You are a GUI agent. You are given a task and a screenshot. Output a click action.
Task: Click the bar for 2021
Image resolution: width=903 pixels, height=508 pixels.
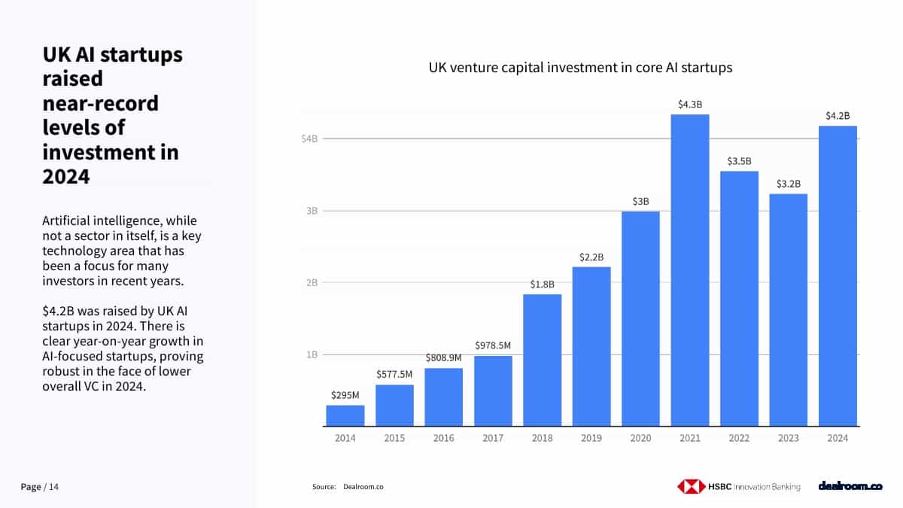tap(689, 271)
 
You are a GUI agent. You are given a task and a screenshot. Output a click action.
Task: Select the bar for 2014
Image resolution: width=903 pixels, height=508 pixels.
tap(345, 415)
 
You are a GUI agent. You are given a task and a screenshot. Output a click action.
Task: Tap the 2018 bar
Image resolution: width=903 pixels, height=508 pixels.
tap(542, 360)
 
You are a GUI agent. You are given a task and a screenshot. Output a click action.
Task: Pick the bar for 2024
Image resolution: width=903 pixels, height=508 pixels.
tap(838, 276)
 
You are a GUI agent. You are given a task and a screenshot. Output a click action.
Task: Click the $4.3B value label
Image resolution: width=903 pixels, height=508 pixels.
tap(689, 105)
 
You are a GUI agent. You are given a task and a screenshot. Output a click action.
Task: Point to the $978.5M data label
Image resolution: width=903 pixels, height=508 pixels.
tap(493, 345)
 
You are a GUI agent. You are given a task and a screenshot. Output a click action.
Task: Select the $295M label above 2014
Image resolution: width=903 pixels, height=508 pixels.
tap(345, 394)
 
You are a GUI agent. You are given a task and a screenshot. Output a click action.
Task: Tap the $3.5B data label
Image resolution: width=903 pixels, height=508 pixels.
tap(739, 161)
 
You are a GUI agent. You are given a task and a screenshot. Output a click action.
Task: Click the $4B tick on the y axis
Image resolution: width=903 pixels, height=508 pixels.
tap(310, 139)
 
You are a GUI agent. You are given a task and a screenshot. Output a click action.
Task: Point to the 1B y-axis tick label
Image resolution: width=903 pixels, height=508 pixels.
tap(312, 354)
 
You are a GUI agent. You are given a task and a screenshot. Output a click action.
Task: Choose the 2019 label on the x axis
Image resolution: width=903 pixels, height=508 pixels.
tap(591, 439)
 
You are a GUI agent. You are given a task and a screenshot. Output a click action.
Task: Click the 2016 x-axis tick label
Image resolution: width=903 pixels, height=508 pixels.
tap(443, 439)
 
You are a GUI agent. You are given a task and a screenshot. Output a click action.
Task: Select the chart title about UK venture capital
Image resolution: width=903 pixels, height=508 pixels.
tap(580, 68)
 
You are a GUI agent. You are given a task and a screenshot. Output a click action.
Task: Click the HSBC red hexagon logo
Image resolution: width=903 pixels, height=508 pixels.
tap(691, 487)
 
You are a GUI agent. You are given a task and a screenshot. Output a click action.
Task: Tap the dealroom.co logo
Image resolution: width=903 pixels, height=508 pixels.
tap(850, 487)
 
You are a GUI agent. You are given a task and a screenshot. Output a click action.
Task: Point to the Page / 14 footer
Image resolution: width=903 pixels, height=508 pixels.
tap(39, 487)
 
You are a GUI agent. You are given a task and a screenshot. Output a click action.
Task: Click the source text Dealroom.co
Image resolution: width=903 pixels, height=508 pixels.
tap(363, 487)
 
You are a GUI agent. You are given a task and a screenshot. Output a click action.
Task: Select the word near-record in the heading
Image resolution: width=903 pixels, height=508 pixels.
tap(100, 103)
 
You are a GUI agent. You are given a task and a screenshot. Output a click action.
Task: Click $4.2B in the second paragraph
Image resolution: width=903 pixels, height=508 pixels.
tap(58, 312)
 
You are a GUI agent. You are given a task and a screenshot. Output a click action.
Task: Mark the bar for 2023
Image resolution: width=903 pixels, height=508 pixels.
tap(788, 310)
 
